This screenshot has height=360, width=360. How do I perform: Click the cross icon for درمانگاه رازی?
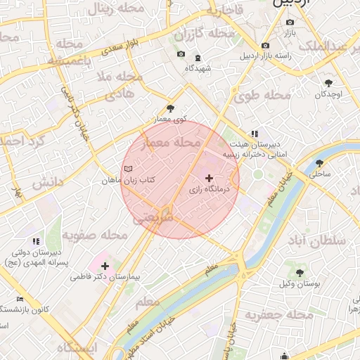209,179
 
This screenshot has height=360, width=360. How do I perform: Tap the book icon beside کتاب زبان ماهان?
128,169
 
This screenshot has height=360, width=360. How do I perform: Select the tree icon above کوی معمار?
170,108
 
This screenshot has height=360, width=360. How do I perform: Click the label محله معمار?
172,143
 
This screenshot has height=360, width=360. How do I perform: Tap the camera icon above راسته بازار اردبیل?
265,46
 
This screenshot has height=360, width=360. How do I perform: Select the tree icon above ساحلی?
319,162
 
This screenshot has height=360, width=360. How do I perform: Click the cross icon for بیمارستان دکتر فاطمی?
105,266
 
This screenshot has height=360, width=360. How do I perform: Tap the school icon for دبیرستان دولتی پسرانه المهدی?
35,241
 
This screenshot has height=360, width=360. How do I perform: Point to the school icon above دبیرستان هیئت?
255,133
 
